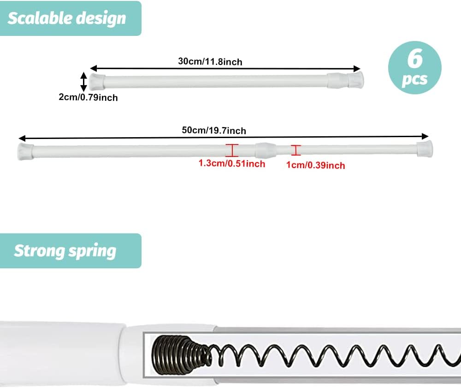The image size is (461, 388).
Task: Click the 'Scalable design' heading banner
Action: [x=71, y=18]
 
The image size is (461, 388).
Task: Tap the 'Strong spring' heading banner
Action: [x=71, y=251]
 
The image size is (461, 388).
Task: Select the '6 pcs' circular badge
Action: [x=414, y=68]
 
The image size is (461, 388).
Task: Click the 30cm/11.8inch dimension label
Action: [x=210, y=62]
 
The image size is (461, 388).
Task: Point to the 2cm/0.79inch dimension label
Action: [x=88, y=97]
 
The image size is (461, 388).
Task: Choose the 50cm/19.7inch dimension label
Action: [x=214, y=130]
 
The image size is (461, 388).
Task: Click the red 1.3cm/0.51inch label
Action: [x=232, y=163]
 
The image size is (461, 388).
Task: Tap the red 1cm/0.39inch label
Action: [x=315, y=165]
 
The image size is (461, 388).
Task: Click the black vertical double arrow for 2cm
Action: [x=84, y=81]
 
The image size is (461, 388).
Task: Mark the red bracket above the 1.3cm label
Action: [x=232, y=150]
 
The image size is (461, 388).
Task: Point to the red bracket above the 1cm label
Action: [x=296, y=150]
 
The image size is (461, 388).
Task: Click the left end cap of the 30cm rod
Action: [x=97, y=81]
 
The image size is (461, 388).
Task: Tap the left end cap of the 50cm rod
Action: [x=25, y=151]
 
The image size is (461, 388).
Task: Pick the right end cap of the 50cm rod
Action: [x=425, y=149]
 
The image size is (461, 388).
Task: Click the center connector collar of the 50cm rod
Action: [x=266, y=150]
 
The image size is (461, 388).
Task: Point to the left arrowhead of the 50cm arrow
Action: [x=22, y=138]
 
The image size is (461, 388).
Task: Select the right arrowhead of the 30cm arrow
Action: [x=357, y=69]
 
